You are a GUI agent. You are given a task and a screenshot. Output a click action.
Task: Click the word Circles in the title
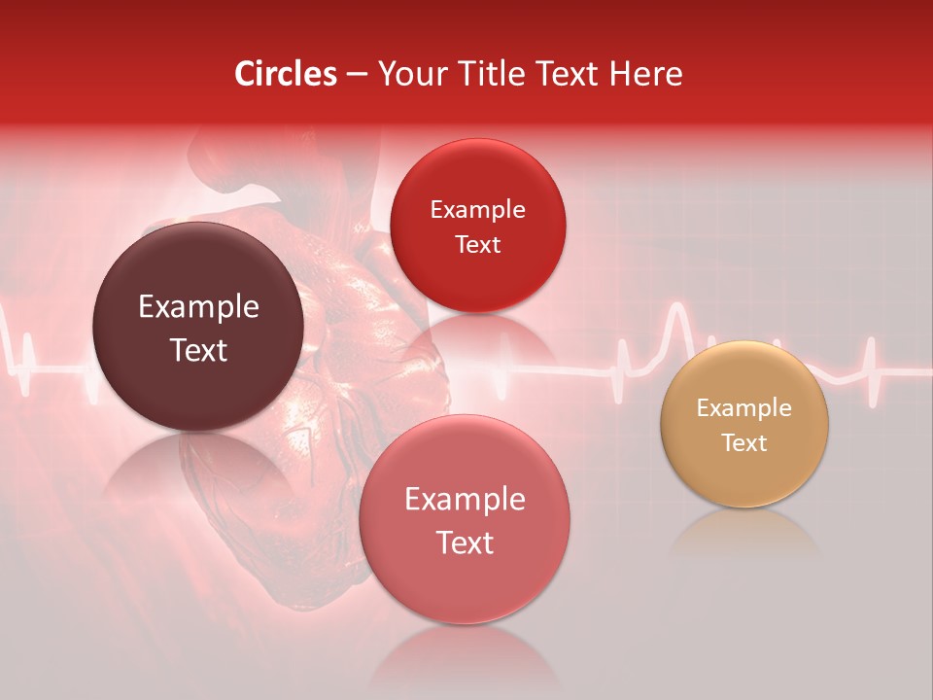pyautogui.click(x=286, y=73)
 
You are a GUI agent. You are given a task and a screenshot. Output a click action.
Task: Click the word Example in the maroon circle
pyautogui.click(x=198, y=307)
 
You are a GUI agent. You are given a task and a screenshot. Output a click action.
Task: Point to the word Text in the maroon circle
pyautogui.click(x=198, y=350)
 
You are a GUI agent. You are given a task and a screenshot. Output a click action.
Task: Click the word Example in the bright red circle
pyautogui.click(x=477, y=210)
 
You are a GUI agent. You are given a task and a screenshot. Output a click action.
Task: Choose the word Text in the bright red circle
pyautogui.click(x=477, y=245)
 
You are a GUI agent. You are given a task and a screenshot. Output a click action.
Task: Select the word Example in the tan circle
pyautogui.click(x=744, y=408)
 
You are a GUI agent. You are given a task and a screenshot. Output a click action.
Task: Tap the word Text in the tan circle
pyautogui.click(x=744, y=443)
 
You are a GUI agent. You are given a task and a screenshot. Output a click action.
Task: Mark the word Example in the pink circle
pyautogui.click(x=465, y=500)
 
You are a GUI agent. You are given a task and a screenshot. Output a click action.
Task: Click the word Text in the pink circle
pyautogui.click(x=465, y=542)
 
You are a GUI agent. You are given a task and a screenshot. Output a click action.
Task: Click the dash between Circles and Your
pyautogui.click(x=357, y=74)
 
